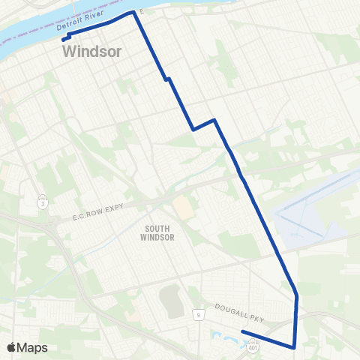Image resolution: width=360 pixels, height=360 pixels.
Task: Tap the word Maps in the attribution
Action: coord(33,347)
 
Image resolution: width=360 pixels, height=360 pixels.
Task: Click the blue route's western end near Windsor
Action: coord(64,39)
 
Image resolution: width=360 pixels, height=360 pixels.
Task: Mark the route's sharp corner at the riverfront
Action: coord(134,13)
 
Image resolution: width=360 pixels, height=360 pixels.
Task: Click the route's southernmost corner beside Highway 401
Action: coord(293,347)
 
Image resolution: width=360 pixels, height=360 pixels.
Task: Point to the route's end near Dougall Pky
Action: coord(242,331)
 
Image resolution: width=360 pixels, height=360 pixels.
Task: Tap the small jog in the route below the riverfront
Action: coord(168,78)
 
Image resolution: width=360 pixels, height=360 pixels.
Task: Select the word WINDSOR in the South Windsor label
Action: coord(157,237)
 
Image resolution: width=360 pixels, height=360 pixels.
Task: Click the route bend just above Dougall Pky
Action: coord(297,296)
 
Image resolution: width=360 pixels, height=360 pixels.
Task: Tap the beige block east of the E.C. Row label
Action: coord(182,208)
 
